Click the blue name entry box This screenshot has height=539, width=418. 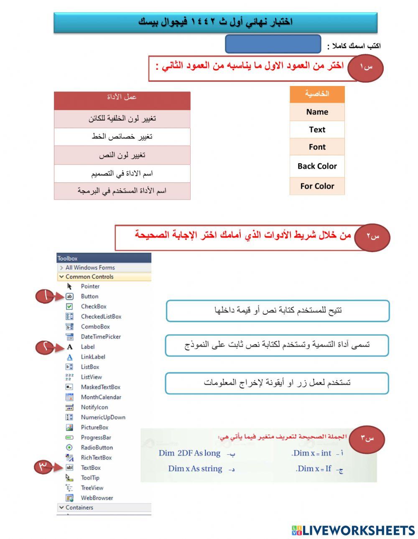point(273,44)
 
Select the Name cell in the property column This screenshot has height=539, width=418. point(317,112)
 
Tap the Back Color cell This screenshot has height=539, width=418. point(317,166)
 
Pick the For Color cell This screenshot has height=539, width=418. point(317,186)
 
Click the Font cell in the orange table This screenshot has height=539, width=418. point(317,147)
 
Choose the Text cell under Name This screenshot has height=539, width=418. point(317,130)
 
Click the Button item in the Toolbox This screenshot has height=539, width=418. point(89,296)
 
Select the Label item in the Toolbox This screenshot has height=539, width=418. point(88,347)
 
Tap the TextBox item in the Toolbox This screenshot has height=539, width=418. point(91,468)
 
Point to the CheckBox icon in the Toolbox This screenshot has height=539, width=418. point(70,306)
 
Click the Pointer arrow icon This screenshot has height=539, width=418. point(70,286)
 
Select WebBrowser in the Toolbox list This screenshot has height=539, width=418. point(97,498)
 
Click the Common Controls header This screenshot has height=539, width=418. point(89,277)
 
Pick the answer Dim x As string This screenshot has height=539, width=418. point(195,468)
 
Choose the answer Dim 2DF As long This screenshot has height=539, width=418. point(189,453)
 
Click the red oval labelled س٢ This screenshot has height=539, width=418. point(372,237)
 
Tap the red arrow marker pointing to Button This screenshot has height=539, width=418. point(49,296)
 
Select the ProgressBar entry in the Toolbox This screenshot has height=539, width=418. point(96,438)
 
